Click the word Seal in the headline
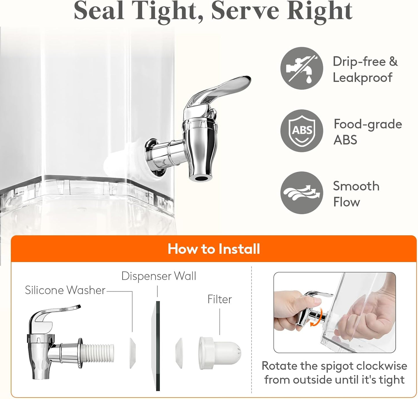(99, 11)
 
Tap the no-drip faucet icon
(302, 69)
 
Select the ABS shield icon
(302, 131)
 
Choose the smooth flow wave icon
(302, 193)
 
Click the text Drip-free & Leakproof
(365, 69)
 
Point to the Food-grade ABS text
(368, 132)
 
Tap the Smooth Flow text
(356, 194)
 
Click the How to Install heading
(214, 249)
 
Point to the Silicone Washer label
(65, 290)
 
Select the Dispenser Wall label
(159, 276)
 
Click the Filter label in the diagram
(220, 299)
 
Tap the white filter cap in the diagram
(220, 353)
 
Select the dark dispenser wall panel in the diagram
(158, 346)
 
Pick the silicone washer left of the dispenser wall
(132, 354)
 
